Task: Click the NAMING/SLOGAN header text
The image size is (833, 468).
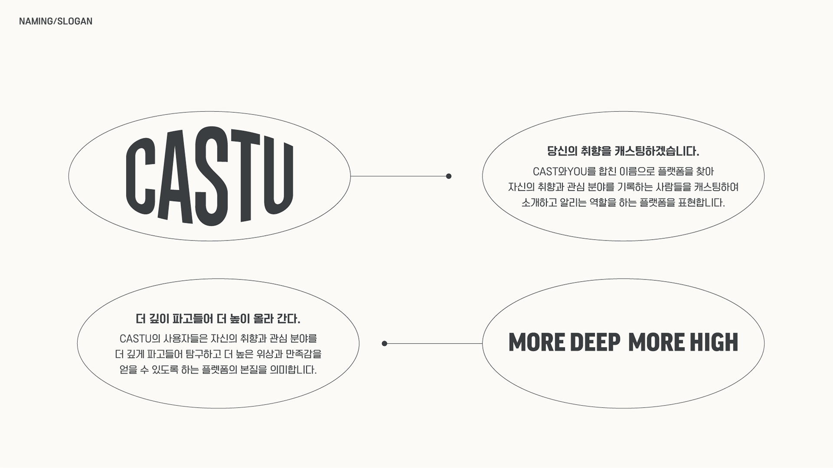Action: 56,21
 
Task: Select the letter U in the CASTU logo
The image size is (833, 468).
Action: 278,178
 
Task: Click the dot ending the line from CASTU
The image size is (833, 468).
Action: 449,176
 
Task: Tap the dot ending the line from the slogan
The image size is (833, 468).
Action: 384,344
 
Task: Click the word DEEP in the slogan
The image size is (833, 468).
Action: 595,342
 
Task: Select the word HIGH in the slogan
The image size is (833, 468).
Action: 714,342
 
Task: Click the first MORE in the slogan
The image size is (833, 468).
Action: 537,342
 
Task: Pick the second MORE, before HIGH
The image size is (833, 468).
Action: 656,342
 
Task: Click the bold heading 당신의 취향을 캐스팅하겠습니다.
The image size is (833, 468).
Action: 623,151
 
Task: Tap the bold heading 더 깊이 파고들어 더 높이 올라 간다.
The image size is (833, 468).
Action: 218,319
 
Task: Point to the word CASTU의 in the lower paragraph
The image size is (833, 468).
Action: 140,338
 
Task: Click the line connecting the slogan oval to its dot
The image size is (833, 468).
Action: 434,344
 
